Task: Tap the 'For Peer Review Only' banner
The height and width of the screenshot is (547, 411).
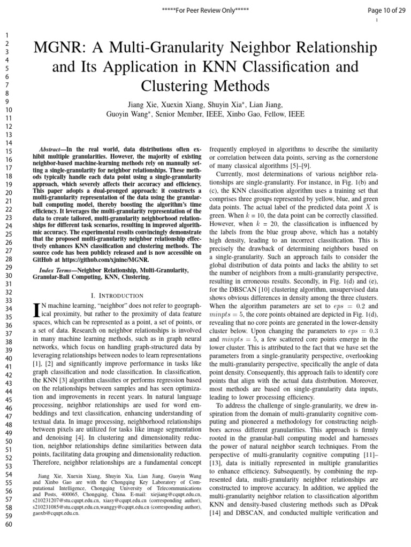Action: click(x=206, y=10)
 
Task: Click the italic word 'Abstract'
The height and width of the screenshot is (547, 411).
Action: click(x=52, y=149)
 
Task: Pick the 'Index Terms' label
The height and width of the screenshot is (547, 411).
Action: click(x=57, y=271)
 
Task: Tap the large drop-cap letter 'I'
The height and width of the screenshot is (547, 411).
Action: click(x=36, y=310)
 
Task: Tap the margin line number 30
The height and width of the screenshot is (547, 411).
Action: click(x=7, y=276)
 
